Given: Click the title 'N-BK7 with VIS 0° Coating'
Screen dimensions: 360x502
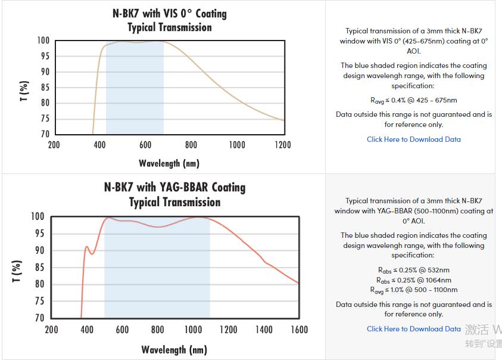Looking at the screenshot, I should coord(170,13).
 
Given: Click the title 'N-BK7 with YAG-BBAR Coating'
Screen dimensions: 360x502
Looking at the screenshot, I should coord(174,187).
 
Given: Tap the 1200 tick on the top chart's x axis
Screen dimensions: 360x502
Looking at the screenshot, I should coord(283,145).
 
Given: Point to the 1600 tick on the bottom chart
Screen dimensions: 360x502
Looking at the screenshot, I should coord(299,330).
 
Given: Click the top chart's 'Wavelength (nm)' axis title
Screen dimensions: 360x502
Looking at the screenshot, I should coord(169,163).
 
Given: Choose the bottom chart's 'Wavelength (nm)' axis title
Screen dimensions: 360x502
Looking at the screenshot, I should coord(174,350).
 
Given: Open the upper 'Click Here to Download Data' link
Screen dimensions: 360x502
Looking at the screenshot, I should coord(413,139).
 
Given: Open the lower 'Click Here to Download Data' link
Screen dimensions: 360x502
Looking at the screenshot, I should coord(413,329).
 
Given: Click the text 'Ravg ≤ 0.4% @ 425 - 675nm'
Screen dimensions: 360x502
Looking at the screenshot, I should coord(413,101).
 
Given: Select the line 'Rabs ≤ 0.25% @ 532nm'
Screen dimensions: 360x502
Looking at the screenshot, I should coord(413,270).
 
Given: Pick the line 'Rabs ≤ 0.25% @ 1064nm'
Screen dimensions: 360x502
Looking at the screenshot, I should coord(413,280).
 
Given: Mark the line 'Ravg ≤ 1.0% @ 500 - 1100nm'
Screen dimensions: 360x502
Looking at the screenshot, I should coord(413,290).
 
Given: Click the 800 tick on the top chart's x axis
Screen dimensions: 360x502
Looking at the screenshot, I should coord(191,145).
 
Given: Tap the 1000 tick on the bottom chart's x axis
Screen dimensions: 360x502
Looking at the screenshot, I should coord(193,330).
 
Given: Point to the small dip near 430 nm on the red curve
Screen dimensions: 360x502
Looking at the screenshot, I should coord(92,254).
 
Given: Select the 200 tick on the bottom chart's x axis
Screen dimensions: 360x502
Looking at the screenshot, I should coord(52,330).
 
